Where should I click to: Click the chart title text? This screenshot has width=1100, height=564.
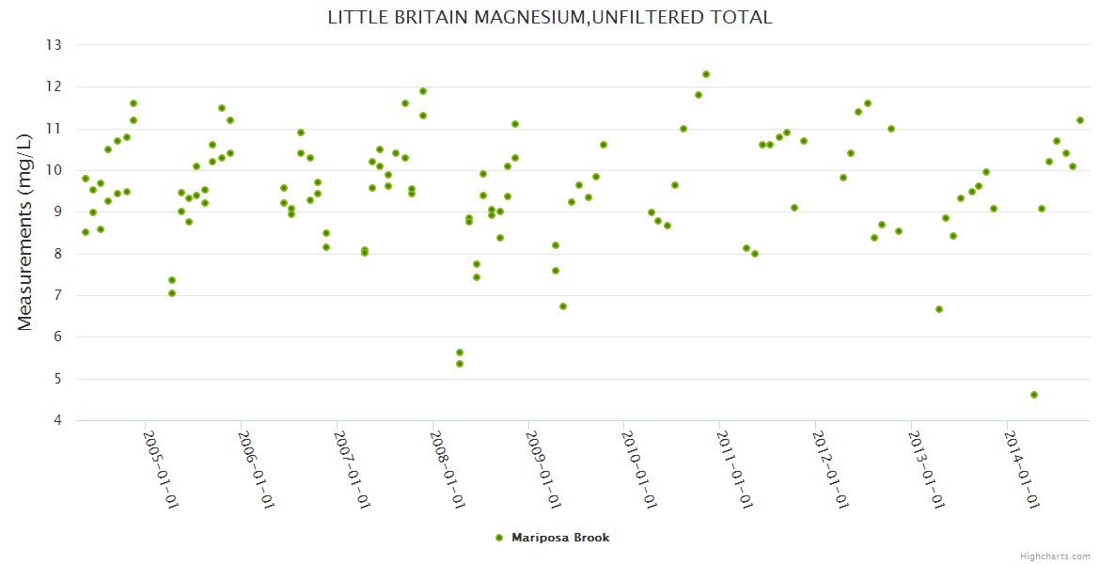coord(550,17)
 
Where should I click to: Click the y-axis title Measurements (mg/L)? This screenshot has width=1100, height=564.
coord(25,231)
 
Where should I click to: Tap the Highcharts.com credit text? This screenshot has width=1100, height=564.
coord(1055,556)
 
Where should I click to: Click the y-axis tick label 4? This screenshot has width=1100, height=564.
coord(56,420)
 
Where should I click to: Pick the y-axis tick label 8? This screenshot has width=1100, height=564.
coord(56,254)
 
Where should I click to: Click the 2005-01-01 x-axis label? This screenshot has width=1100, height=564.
coord(161,470)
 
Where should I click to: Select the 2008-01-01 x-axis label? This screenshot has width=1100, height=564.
coord(448,470)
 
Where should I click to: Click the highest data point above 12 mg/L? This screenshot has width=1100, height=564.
coord(706,74)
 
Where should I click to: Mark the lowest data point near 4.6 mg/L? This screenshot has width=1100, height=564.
coord(1034,395)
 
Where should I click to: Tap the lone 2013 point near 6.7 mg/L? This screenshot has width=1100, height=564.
coord(939,309)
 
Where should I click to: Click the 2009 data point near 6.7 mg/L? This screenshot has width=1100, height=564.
coord(563,306)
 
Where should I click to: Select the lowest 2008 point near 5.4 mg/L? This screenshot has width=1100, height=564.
coord(460,364)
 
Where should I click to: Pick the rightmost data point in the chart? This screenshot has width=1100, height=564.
coord(1080,120)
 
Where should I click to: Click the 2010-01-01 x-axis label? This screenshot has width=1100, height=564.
coord(640,470)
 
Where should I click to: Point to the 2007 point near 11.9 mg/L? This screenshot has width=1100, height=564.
coord(423,91)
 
